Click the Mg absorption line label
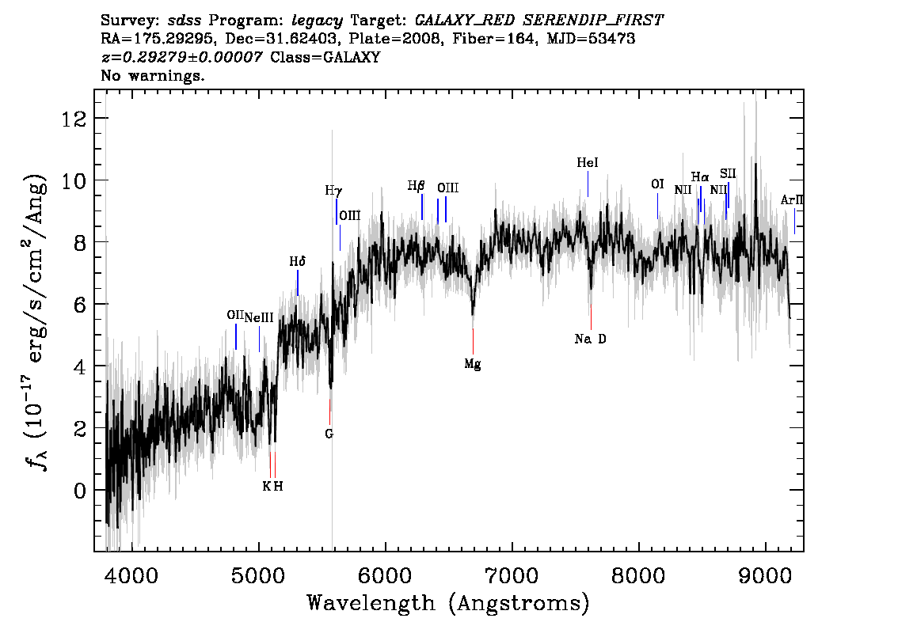click(473, 364)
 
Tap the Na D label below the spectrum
click(590, 339)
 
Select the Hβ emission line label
click(417, 186)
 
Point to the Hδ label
click(297, 262)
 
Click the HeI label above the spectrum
click(587, 162)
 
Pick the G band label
click(329, 434)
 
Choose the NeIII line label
click(259, 317)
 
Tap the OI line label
click(657, 184)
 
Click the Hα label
click(700, 177)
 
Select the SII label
click(728, 173)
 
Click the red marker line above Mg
click(473, 342)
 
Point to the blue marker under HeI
click(588, 184)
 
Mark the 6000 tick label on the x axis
click(385, 575)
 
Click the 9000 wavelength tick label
click(764, 575)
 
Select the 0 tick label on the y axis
click(80, 491)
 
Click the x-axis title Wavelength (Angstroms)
click(448, 603)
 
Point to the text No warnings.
click(152, 75)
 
